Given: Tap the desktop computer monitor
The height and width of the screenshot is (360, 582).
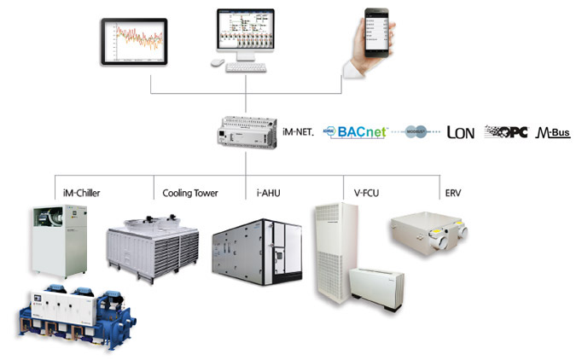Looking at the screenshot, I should click(245, 33).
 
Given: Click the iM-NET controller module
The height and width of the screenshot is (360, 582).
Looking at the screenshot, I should click(247, 133).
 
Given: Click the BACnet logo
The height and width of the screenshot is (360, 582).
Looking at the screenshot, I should click(358, 132).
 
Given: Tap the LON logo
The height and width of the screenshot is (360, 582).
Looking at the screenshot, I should click(461, 132).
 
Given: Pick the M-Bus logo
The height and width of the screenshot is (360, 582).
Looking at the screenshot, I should click(553, 132).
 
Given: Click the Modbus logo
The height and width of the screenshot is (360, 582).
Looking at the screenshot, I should click(418, 133).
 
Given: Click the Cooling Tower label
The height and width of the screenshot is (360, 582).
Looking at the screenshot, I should click(189, 193).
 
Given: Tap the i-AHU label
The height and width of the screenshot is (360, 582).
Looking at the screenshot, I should click(269, 193).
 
